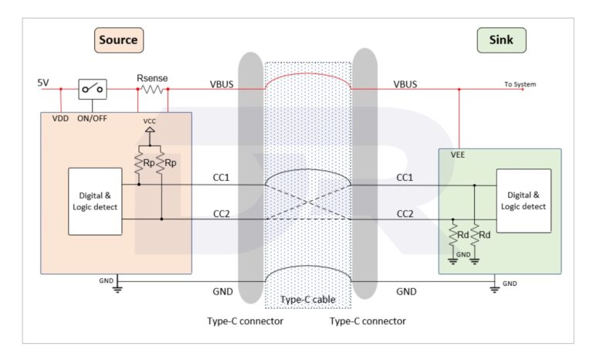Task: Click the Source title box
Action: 119,39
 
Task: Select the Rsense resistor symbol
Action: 152,90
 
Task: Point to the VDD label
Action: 59,120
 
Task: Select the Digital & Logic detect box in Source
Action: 95,201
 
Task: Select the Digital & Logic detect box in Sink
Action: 524,201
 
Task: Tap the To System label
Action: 520,84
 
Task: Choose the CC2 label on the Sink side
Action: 405,213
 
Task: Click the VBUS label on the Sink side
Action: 405,82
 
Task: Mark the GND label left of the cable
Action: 222,291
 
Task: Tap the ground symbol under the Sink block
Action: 494,288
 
